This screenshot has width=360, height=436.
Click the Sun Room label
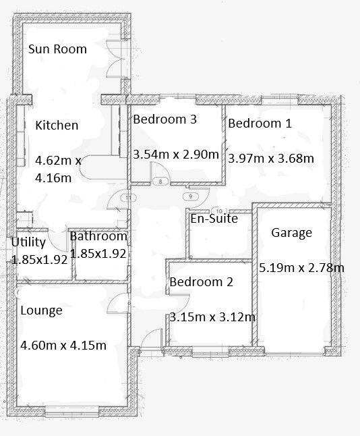[x=57, y=49]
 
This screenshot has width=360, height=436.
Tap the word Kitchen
[x=57, y=125]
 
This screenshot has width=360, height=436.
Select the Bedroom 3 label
[x=164, y=119]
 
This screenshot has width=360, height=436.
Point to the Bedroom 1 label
[x=260, y=123]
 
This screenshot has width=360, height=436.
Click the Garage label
[x=291, y=233]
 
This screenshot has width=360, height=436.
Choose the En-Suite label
[x=214, y=218]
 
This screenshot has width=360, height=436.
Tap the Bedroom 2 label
[x=201, y=282]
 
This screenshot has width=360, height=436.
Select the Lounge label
[x=41, y=310]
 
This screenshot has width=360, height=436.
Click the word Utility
[x=28, y=242]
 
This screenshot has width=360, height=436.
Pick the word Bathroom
[x=98, y=236]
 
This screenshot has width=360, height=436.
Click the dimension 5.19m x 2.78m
[x=301, y=268]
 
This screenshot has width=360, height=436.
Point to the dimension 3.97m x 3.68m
[x=271, y=159]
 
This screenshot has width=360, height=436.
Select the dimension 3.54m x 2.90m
[x=176, y=155]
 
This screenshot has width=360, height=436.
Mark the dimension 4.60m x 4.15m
[x=63, y=346]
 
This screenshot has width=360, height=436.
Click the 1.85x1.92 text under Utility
[x=40, y=258]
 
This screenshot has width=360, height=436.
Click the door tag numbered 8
[x=160, y=182]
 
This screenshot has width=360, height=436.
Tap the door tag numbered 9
[x=191, y=196]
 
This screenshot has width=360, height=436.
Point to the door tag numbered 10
[x=217, y=211]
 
